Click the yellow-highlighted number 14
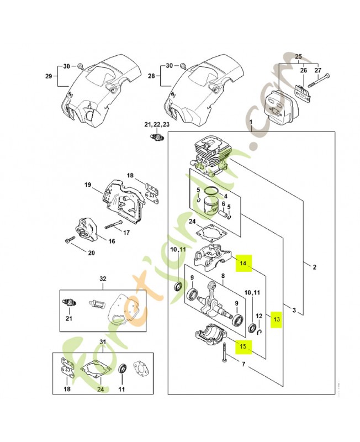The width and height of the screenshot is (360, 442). coord(243,264)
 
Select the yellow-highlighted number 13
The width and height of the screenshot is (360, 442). coord(277,319)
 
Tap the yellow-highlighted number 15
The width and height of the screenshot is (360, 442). coord(242,346)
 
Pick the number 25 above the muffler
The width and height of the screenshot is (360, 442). coord(299,57)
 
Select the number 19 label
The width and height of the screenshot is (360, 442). coord(87,185)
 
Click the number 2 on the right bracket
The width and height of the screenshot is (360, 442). coord(314,268)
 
